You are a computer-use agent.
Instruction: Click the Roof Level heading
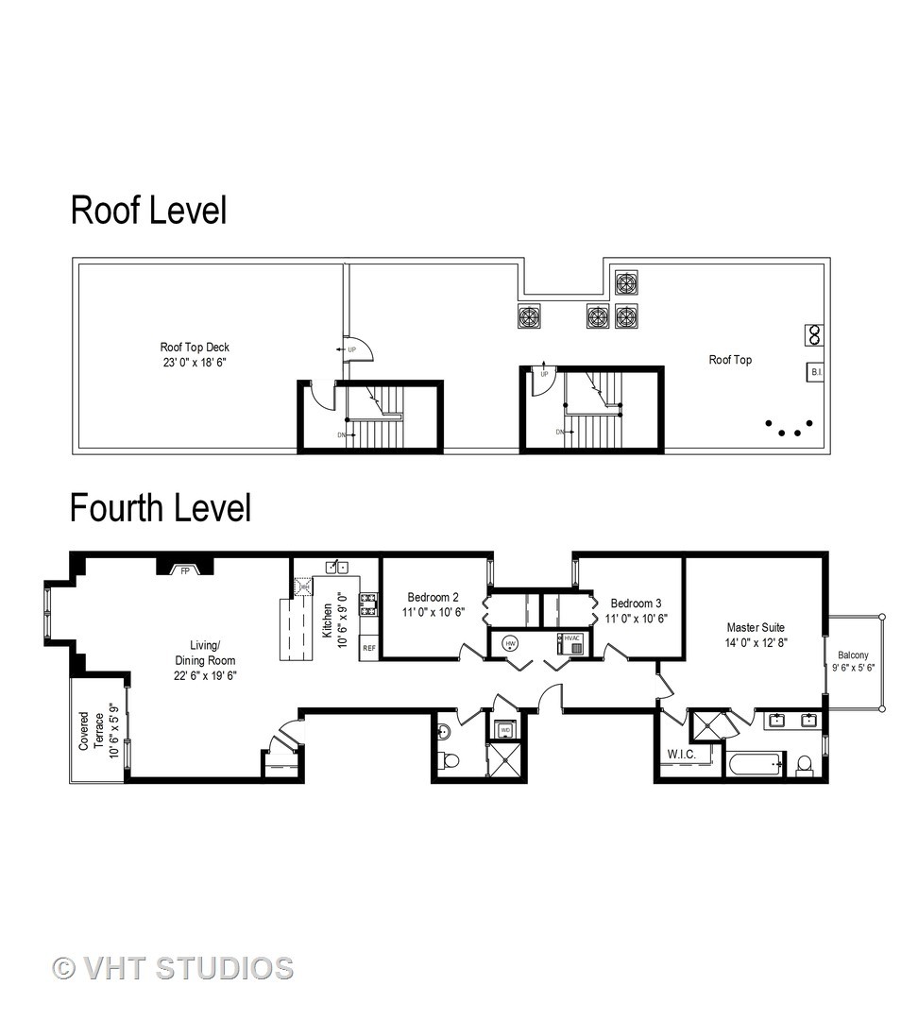(148, 211)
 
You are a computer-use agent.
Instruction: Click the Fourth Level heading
(161, 508)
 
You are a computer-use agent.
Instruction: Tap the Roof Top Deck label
(194, 354)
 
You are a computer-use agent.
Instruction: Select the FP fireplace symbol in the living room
(185, 569)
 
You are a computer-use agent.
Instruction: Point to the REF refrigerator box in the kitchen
(369, 649)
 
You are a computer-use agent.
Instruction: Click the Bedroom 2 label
(433, 604)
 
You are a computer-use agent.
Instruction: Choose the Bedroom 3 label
(637, 611)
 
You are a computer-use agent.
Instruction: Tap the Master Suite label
(755, 635)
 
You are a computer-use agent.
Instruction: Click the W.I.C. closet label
(681, 755)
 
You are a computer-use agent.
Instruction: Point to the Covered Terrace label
(98, 731)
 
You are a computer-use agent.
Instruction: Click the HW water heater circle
(511, 643)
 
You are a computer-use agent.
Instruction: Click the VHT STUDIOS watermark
(173, 968)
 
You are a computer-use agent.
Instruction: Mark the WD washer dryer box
(504, 730)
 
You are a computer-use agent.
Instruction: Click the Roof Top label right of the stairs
(730, 360)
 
